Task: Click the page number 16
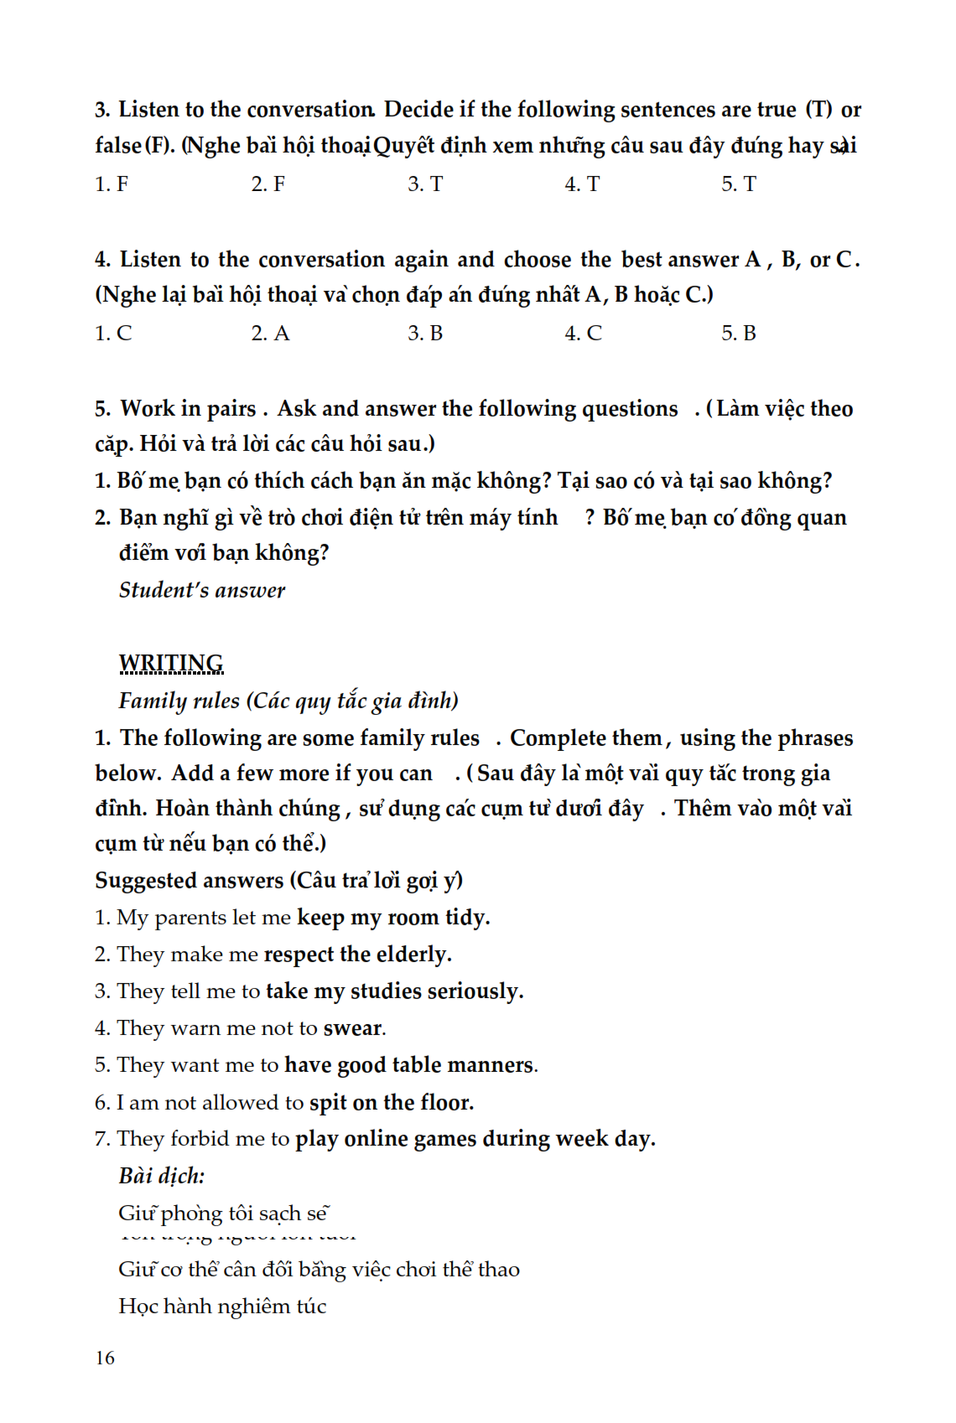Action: coord(105,1358)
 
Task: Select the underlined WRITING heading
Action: coord(171,663)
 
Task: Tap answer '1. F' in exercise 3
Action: coord(112,184)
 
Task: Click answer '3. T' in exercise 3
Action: coord(425,184)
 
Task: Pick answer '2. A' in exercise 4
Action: coord(270,334)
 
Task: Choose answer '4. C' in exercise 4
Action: coord(583,334)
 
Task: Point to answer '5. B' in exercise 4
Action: coord(739,334)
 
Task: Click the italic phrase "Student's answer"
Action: coord(202,590)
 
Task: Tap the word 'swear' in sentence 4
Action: coord(353,1028)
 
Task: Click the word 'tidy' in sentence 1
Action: coord(466,918)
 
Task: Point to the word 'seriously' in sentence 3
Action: coord(475,991)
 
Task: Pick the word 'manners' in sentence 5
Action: coord(493,1065)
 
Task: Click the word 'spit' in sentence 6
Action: coord(328,1103)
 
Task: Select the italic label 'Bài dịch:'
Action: coord(162,1176)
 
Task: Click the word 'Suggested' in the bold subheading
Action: coord(147,881)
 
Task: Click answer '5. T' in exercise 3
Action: coord(739,184)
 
